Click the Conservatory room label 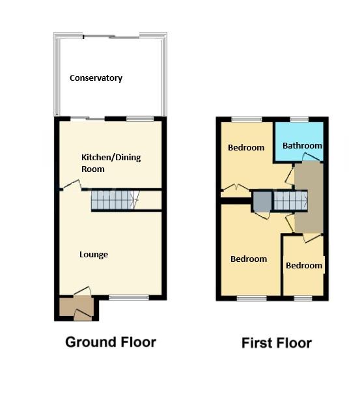click(96, 78)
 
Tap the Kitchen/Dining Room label click(111, 163)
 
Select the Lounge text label click(94, 254)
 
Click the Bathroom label click(302, 146)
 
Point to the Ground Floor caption click(111, 341)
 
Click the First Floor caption click(276, 343)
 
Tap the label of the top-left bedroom click(246, 147)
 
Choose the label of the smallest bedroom click(304, 265)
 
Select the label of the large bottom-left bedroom click(249, 259)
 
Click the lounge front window click(128, 298)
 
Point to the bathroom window click(299, 119)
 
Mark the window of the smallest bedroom click(303, 298)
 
